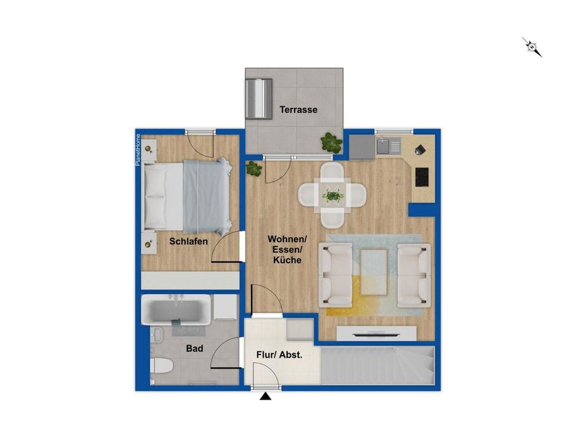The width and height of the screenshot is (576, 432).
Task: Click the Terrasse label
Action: click(298, 109)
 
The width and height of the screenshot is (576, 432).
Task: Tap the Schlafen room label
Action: click(189, 241)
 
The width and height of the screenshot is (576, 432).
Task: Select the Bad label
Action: click(194, 348)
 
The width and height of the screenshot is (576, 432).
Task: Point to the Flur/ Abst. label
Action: click(279, 355)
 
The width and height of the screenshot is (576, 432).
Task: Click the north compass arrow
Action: click(532, 47)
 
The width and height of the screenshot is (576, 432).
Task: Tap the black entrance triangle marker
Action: click(265, 396)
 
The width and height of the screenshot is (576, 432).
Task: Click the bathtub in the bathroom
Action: click(177, 309)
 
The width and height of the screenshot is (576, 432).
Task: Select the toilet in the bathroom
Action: click(161, 366)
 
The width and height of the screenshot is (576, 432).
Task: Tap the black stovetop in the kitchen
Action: click(422, 177)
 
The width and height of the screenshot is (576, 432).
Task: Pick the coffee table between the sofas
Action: click(374, 272)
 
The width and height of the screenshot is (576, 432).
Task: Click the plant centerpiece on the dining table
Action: click(332, 195)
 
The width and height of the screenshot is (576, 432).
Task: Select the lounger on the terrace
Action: click(259, 98)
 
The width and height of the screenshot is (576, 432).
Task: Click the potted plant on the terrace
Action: click(332, 142)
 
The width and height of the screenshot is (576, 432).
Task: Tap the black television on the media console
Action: click(376, 334)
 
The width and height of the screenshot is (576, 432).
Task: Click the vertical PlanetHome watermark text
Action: click(138, 150)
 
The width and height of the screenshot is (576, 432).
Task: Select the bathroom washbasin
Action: click(157, 335)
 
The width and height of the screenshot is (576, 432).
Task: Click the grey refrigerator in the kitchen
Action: click(362, 147)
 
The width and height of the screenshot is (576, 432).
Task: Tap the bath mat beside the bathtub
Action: click(189, 330)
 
